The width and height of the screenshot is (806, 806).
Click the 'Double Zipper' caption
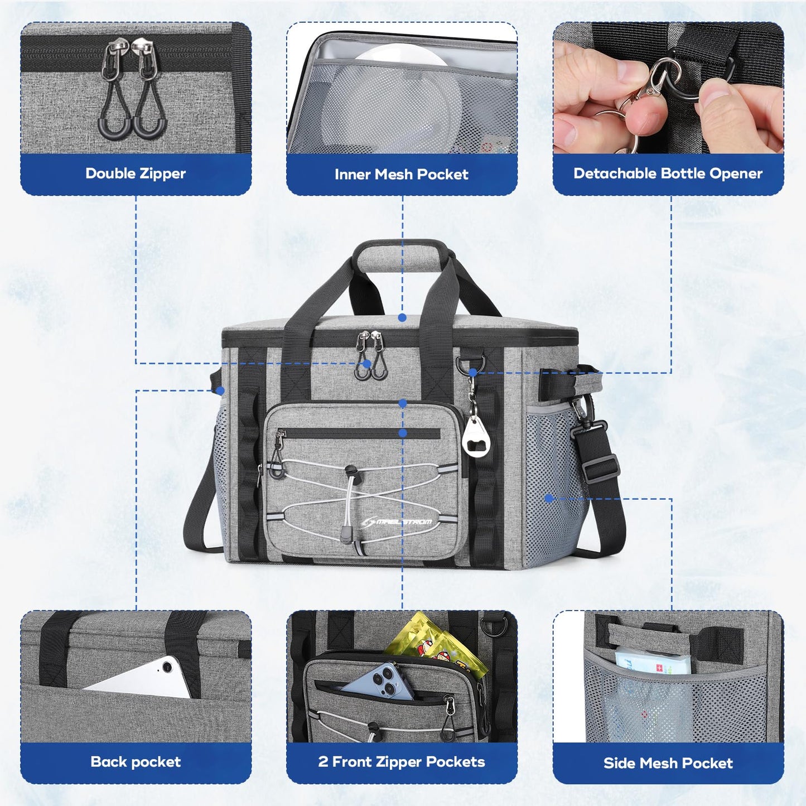click(x=136, y=173)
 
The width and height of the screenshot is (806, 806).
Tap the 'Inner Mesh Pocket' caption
click(x=401, y=175)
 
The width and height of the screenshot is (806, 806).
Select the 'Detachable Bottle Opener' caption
click(x=668, y=173)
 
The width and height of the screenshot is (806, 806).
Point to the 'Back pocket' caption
click(x=136, y=762)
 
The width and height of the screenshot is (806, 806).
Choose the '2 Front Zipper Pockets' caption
click(x=402, y=762)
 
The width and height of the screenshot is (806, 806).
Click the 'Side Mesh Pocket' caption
click(x=668, y=763)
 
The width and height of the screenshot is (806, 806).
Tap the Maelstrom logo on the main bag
click(x=397, y=522)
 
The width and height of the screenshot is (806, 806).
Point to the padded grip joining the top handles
click(x=402, y=258)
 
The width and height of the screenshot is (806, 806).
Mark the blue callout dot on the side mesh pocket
click(x=549, y=498)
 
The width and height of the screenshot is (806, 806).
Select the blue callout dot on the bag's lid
click(x=402, y=318)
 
